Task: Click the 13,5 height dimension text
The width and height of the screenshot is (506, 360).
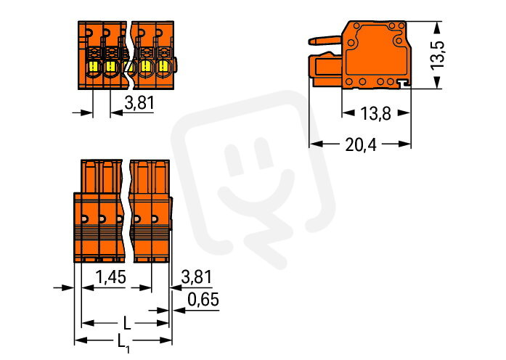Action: click(x=438, y=55)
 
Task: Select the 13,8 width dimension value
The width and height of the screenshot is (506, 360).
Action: click(x=375, y=113)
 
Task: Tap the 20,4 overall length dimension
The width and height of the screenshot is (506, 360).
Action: click(x=361, y=144)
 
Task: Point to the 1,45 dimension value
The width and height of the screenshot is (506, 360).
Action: click(x=110, y=277)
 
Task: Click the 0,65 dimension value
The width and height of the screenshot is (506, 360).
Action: click(x=203, y=300)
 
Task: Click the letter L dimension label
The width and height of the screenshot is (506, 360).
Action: click(x=127, y=323)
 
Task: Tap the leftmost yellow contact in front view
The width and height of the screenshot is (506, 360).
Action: click(x=94, y=67)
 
